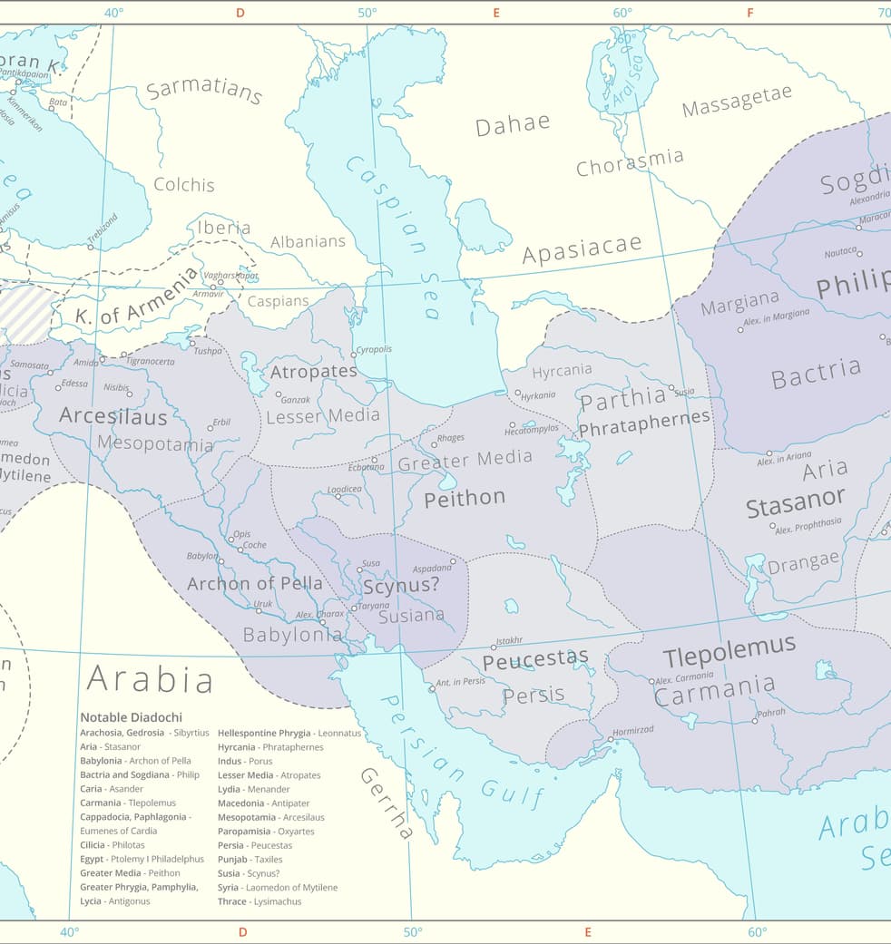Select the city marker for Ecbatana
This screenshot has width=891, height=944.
[374, 461]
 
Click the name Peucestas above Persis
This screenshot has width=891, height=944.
[535, 659]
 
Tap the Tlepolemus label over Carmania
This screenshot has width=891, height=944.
[729, 651]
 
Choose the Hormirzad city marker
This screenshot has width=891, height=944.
[611, 739]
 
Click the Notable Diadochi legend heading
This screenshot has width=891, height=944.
[131, 717]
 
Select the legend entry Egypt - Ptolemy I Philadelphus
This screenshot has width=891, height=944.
[142, 859]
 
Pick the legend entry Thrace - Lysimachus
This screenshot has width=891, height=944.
[259, 901]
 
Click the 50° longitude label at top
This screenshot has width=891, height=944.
[367, 13]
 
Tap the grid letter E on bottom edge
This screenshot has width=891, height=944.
[588, 932]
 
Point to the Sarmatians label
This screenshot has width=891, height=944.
[204, 91]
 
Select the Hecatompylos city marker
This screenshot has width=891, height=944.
[512, 424]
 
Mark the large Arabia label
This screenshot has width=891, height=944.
[150, 678]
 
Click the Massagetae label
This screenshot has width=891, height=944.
[737, 102]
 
